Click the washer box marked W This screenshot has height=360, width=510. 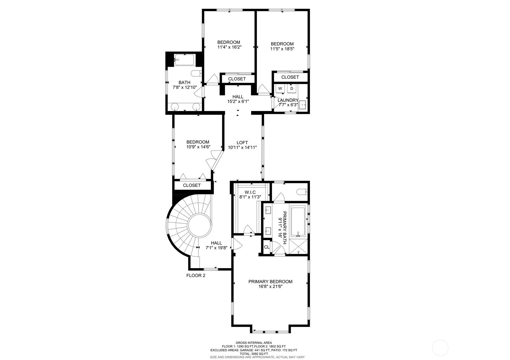click(x=280, y=88)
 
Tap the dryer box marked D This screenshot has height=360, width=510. click(x=292, y=88)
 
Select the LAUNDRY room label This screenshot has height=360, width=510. click(x=288, y=100)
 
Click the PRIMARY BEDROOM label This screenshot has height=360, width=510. click(x=270, y=281)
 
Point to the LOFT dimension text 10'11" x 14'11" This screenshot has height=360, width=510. click(x=243, y=148)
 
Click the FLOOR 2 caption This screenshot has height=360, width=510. click(x=196, y=276)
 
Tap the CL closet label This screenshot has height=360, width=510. click(x=267, y=247)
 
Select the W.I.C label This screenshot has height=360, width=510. click(x=250, y=192)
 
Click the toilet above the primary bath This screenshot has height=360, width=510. click(x=302, y=192)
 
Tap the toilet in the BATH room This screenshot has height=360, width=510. click(x=196, y=73)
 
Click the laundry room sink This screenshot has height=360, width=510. click(x=303, y=105)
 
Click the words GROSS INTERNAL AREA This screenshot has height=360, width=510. click(x=254, y=343)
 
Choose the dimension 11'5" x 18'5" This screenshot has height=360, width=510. click(x=282, y=49)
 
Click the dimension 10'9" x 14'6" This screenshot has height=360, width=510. click(x=198, y=147)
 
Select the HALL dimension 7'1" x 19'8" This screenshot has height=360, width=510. click(x=217, y=248)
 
